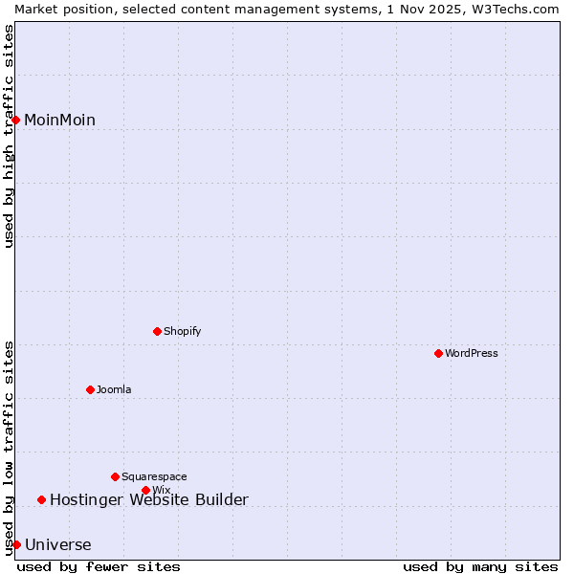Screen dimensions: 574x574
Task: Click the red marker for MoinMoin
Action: [x=16, y=120]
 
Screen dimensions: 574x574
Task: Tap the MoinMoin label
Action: [x=59, y=121]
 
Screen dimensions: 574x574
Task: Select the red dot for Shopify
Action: [x=157, y=331]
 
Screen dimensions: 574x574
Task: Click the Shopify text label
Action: [x=182, y=332]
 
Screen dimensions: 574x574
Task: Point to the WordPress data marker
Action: [x=438, y=353]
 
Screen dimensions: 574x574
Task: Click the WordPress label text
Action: [x=471, y=354]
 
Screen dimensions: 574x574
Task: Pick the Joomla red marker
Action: [x=90, y=389]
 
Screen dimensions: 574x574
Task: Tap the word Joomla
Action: [x=114, y=390]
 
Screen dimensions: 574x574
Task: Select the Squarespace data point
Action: [x=115, y=476]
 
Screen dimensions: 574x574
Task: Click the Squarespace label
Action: [x=154, y=477]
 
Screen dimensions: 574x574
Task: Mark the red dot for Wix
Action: [x=145, y=490]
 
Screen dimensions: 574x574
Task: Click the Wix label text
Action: [x=162, y=491]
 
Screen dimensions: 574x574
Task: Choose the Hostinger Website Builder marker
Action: [x=41, y=499]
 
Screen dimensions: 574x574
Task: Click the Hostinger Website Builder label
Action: [x=148, y=500]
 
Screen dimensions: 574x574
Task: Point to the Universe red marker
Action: [x=16, y=544]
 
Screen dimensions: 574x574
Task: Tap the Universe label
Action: [x=58, y=545]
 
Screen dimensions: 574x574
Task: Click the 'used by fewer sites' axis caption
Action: [x=99, y=566]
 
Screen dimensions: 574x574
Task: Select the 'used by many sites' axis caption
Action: [x=480, y=566]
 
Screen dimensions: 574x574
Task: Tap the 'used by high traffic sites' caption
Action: [x=9, y=136]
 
